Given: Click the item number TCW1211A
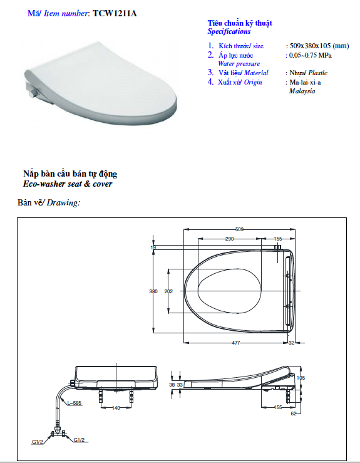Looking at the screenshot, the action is click(115, 13).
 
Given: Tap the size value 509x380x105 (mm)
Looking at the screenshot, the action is click(319, 46).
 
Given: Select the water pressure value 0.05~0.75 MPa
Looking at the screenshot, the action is click(310, 55).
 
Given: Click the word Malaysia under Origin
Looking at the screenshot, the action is click(302, 91).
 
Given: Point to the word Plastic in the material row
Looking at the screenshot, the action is click(318, 73).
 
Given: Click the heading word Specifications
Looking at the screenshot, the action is click(229, 31).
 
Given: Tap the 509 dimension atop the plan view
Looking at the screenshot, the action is click(239, 229).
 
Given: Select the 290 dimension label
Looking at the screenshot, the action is click(230, 239).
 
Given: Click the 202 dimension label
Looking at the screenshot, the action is click(168, 291).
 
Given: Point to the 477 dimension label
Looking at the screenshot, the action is click(236, 343).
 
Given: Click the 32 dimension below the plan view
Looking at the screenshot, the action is click(292, 343).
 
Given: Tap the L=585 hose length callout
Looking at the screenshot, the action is click(75, 403).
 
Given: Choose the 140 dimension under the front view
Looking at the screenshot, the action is click(116, 408).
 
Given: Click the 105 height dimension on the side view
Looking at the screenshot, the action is click(301, 378).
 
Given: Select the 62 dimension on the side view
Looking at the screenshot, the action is click(294, 414).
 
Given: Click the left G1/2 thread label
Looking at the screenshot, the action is click(38, 442).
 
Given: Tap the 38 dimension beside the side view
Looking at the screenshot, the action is click(172, 385).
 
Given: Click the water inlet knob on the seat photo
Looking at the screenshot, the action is click(33, 94).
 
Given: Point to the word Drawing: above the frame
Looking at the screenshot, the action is click(63, 202).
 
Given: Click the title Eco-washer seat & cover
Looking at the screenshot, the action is click(68, 184).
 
